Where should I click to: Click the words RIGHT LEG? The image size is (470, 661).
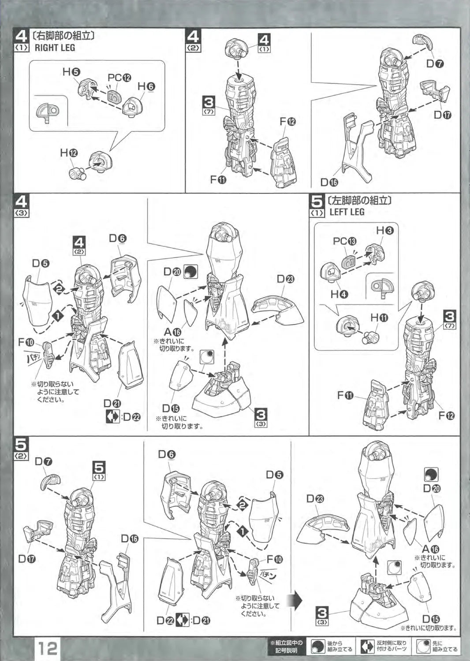(55, 48)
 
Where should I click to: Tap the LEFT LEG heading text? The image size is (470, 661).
(347, 212)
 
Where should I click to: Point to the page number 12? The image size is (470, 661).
(47, 648)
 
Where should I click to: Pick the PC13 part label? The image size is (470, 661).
(344, 241)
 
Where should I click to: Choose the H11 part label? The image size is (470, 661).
(379, 318)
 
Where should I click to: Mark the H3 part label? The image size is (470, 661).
(385, 230)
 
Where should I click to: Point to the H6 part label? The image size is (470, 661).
(147, 86)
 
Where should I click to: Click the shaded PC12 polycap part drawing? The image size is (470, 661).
(115, 97)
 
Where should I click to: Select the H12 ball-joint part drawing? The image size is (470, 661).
(78, 174)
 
